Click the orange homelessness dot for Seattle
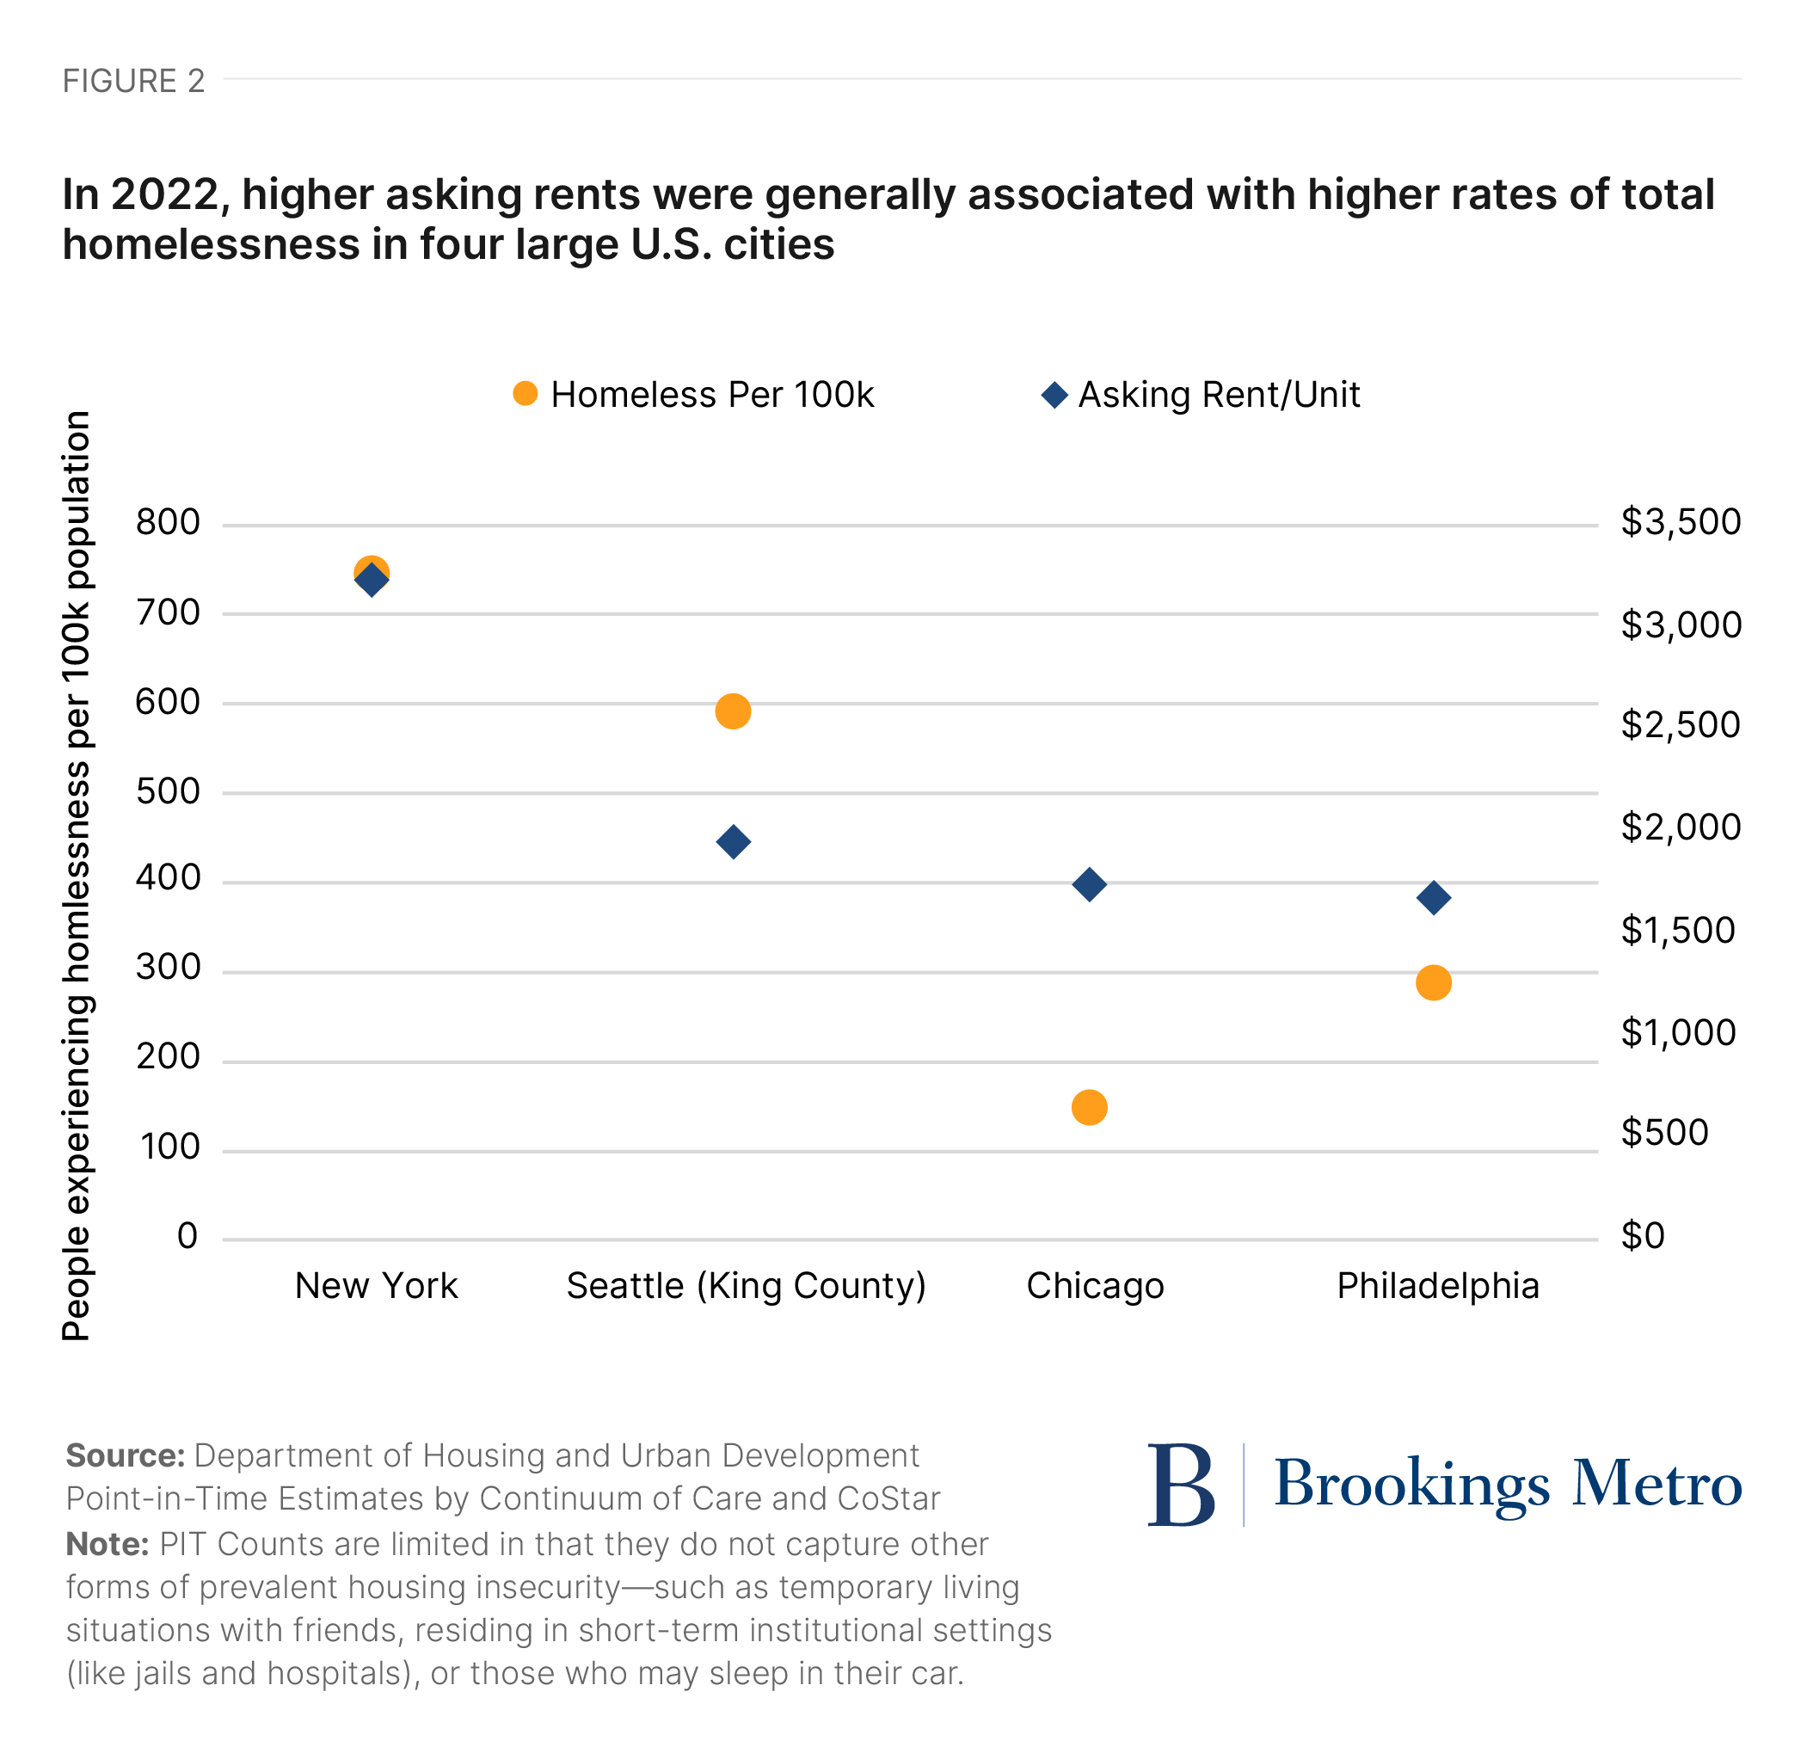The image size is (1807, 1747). pos(733,711)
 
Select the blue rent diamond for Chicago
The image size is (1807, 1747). pos(1090,884)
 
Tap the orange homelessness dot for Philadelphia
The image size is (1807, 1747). pos(1434,983)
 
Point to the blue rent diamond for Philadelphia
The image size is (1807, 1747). pos(1434,897)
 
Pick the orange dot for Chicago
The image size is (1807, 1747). pos(1090,1107)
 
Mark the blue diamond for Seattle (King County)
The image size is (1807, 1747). pos(733,842)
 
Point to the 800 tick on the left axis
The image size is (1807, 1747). pos(168,522)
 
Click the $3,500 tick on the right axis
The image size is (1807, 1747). pos(1680,522)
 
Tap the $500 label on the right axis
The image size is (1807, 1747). pos(1664,1132)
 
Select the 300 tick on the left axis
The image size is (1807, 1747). pos(168,967)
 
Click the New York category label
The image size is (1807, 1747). pos(376,1285)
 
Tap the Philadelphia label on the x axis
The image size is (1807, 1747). pos(1437,1285)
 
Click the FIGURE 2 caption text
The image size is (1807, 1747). pos(133,81)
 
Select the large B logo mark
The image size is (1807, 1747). pos(1181,1485)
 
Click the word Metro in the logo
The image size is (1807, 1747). pos(1656,1485)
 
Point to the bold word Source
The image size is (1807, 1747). pos(126,1455)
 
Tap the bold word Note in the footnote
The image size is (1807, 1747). pos(107,1543)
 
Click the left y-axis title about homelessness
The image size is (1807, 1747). pos(77,876)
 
